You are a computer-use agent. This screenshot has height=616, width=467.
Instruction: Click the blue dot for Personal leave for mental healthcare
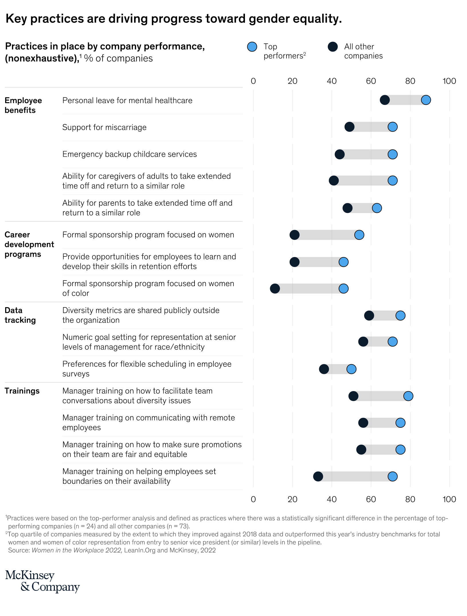pos(426,100)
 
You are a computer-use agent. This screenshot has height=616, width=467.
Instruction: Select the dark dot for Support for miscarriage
pos(349,127)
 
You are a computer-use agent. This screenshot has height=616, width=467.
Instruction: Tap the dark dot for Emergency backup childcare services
pos(340,154)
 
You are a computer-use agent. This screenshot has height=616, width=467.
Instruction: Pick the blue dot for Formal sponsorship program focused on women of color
pos(343,289)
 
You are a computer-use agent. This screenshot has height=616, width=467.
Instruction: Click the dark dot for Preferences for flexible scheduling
pos(324,369)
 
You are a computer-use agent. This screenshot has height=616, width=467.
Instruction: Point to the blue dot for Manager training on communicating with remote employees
pos(400,423)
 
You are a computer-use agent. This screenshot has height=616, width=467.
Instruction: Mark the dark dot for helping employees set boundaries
pos(318,476)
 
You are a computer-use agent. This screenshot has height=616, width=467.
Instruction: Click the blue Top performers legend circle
pos(252,47)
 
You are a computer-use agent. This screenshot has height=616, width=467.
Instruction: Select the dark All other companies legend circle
pos(333,47)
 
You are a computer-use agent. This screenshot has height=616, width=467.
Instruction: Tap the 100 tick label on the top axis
pos(449,81)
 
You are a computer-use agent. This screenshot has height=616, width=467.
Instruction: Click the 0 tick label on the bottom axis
pos(253,499)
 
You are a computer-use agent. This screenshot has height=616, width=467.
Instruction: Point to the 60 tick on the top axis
pos(371,81)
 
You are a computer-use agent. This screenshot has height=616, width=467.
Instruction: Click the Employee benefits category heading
pos(23,105)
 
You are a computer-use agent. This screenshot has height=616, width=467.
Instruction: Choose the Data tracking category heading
pos(20,315)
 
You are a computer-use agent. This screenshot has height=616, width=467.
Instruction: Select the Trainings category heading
pos(22,391)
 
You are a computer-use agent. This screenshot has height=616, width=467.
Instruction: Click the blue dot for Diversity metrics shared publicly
pos(400,315)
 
